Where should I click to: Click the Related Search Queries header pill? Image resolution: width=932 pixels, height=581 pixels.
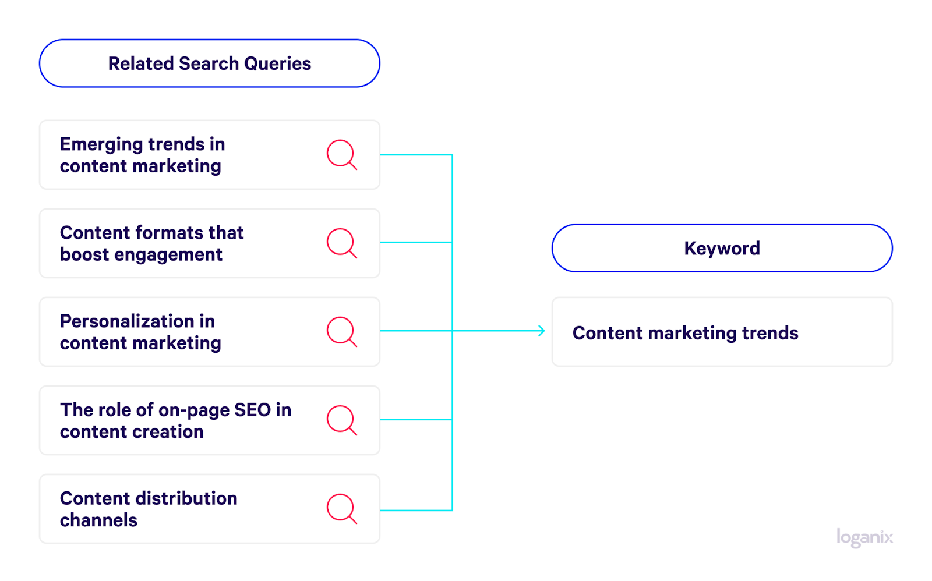pyautogui.click(x=210, y=63)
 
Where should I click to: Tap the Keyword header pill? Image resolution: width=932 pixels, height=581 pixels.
pyautogui.click(x=722, y=248)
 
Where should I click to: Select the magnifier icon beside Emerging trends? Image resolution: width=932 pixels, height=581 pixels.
pyautogui.click(x=341, y=154)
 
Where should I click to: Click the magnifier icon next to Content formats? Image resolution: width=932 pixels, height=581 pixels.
pyautogui.click(x=341, y=243)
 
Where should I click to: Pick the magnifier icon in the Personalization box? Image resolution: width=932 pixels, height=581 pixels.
pyautogui.click(x=341, y=331)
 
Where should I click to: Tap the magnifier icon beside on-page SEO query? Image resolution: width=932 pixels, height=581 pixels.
pyautogui.click(x=341, y=420)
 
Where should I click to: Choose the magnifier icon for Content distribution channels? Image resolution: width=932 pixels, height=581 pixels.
pyautogui.click(x=341, y=509)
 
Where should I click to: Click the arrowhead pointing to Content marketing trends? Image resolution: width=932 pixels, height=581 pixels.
pyautogui.click(x=542, y=331)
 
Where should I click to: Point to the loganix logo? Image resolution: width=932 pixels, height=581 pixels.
pyautogui.click(x=864, y=538)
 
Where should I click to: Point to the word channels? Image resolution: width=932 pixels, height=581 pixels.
pyautogui.click(x=98, y=520)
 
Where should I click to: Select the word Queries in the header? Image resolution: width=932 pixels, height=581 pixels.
pyautogui.click(x=277, y=63)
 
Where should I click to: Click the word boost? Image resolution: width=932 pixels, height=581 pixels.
pyautogui.click(x=84, y=254)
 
